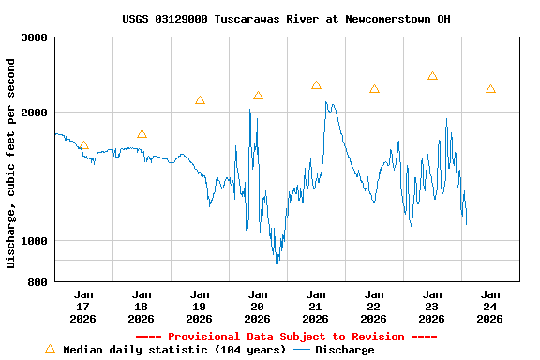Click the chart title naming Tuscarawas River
(x=286, y=19)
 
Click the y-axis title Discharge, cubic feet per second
(x=11, y=163)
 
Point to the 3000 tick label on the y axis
(x=34, y=38)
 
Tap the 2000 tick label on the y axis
(x=34, y=112)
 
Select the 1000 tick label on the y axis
(x=34, y=241)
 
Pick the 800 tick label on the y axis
(x=37, y=282)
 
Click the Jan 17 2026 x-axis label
(x=83, y=307)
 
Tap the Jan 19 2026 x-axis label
(x=200, y=307)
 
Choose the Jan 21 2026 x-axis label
(x=316, y=307)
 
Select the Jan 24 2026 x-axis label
(x=490, y=307)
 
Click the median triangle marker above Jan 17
(x=83, y=145)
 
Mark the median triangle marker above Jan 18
(x=142, y=134)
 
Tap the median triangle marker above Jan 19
(x=200, y=100)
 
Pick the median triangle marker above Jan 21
(x=316, y=85)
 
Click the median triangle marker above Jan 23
(x=432, y=76)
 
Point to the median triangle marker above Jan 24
(x=490, y=89)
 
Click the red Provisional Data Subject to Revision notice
(x=286, y=337)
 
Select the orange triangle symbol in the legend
(x=50, y=349)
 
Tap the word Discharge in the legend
(x=344, y=350)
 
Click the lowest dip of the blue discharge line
(x=277, y=264)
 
